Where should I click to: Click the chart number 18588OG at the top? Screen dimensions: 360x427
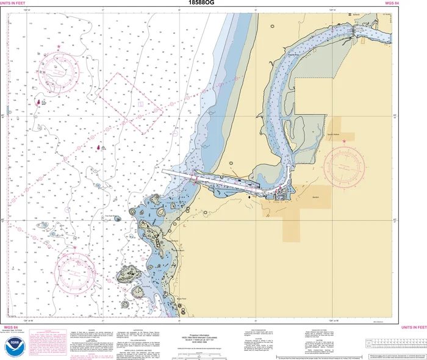point(202,3)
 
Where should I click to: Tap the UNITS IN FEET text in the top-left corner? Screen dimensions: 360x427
point(12,3)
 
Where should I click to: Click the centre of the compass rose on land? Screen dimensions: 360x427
point(345,164)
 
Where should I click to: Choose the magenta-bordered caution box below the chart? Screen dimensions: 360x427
point(39,342)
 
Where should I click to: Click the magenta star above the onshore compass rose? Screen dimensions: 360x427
point(345,142)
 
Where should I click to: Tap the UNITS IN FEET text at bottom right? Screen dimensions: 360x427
point(414,327)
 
